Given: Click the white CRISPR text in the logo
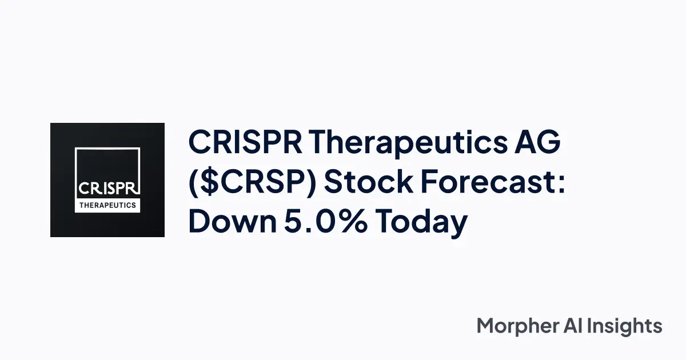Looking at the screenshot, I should [x=107, y=188].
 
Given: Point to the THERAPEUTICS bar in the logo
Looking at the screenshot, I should [x=107, y=205].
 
